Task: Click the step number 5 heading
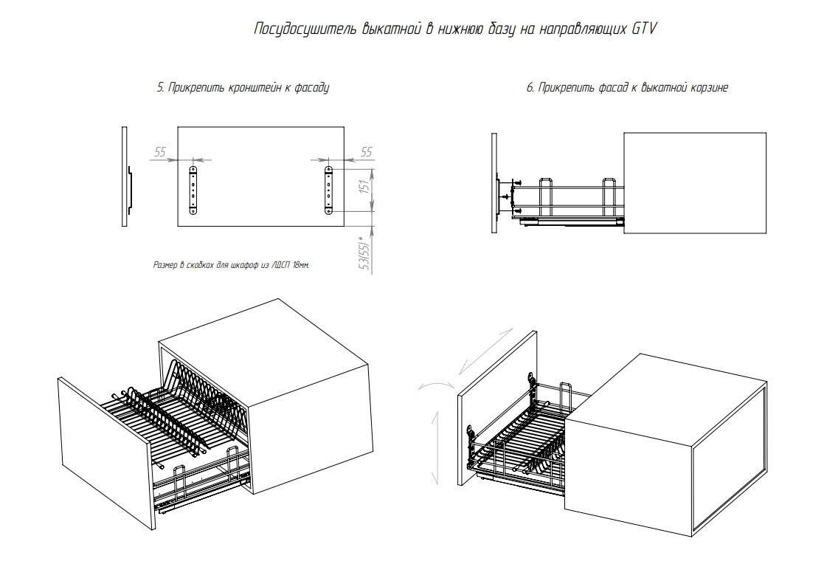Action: coord(160,87)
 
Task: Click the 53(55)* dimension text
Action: coord(362,255)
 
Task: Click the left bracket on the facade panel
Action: coord(195,190)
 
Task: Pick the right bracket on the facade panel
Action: coord(328,190)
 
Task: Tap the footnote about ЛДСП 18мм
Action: coord(231,264)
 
